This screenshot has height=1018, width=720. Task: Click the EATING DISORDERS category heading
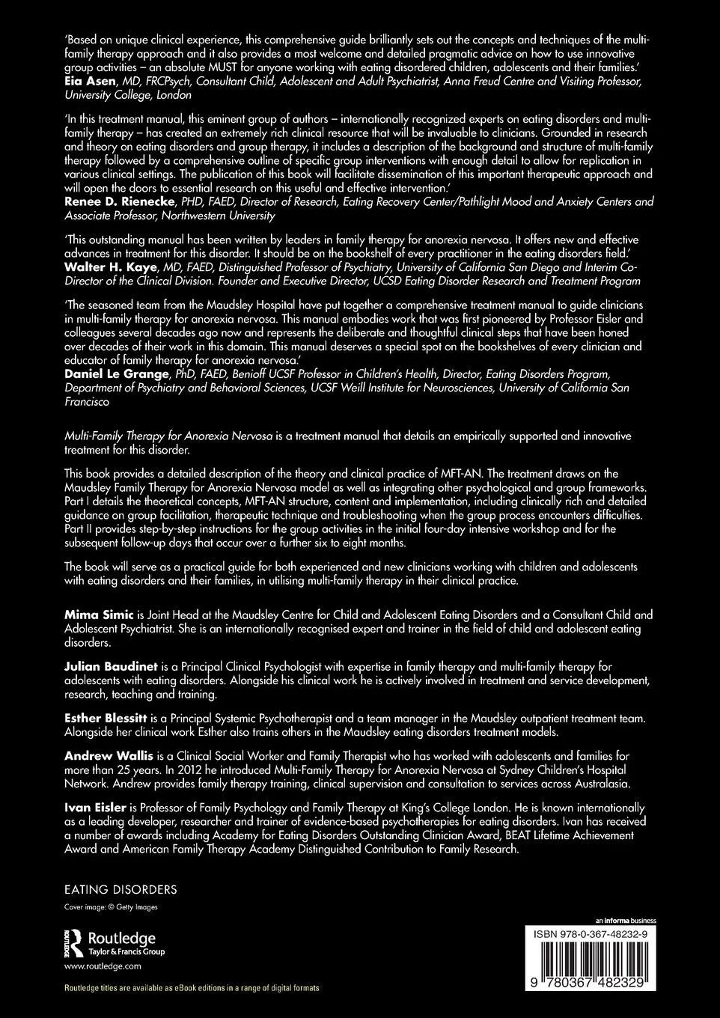pos(121,890)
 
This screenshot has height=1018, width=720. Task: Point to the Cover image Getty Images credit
pos(112,907)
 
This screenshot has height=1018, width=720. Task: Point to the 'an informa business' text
pos(625,920)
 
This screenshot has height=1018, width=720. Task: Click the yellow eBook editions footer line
pos(192,988)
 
